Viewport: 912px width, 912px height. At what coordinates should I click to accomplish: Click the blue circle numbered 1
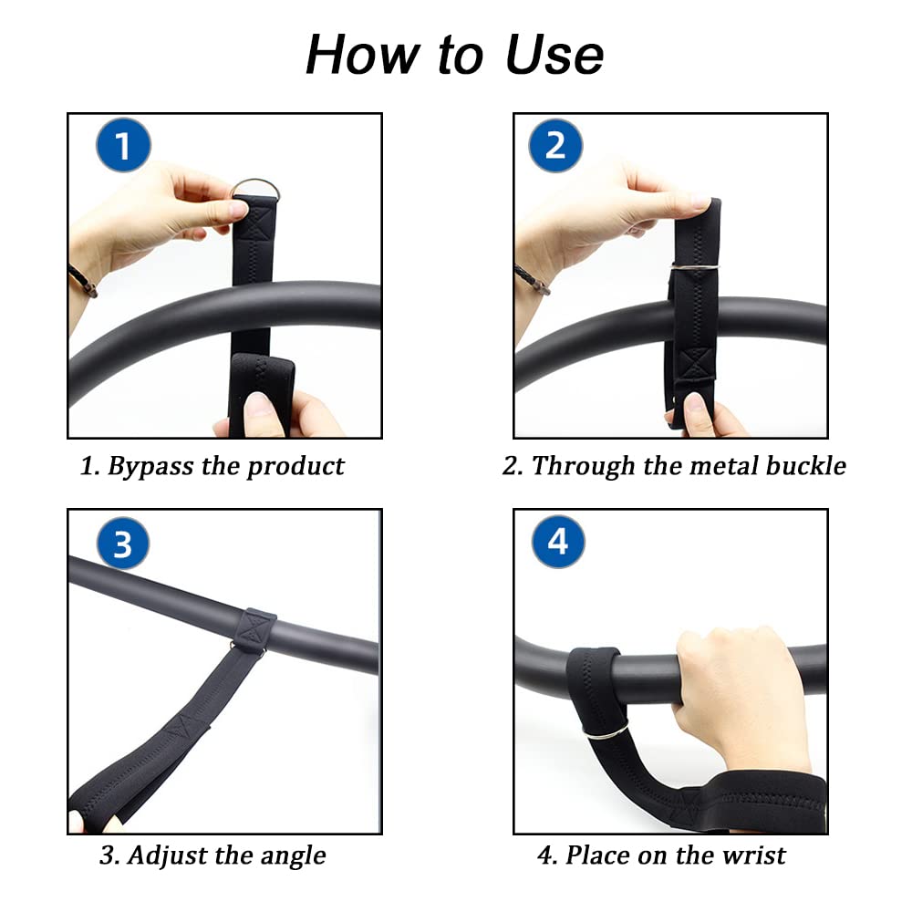122,146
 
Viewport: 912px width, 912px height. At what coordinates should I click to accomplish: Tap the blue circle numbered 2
556,146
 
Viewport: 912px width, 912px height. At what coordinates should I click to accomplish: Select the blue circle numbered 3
122,544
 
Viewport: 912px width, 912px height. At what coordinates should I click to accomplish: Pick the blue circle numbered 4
557,542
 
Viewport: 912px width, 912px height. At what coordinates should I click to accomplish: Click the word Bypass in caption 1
150,466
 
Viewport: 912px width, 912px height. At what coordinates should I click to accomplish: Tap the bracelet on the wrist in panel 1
83,281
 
